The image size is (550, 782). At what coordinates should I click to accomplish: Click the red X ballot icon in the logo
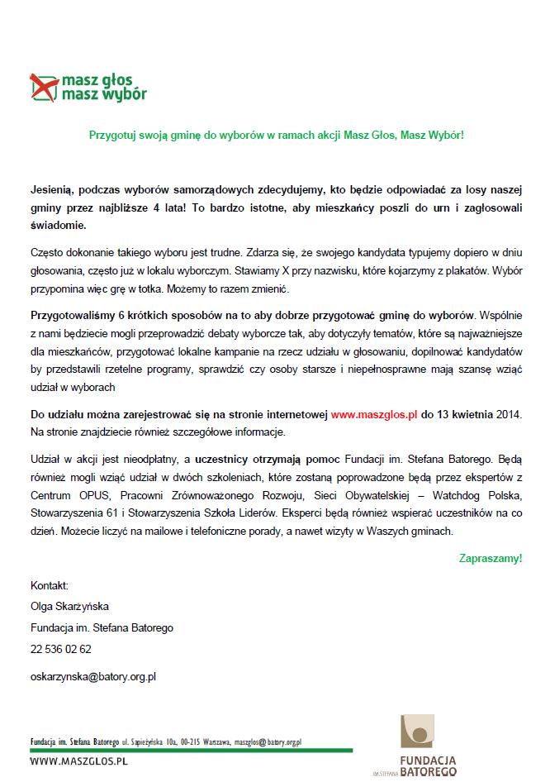tap(42, 86)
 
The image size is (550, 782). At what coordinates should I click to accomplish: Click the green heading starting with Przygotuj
tap(277, 135)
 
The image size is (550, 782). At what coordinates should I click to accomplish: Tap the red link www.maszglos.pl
tap(374, 411)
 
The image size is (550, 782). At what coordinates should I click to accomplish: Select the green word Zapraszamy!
tap(490, 558)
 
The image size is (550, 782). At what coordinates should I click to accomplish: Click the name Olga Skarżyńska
tap(69, 606)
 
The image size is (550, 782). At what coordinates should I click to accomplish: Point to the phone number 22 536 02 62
tap(61, 649)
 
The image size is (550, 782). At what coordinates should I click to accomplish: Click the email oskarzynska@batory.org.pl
tap(93, 675)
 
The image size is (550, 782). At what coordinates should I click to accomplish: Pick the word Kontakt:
tap(49, 584)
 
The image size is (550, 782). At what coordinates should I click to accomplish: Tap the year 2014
tap(510, 411)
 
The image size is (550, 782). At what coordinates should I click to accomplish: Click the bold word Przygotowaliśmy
tap(72, 316)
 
